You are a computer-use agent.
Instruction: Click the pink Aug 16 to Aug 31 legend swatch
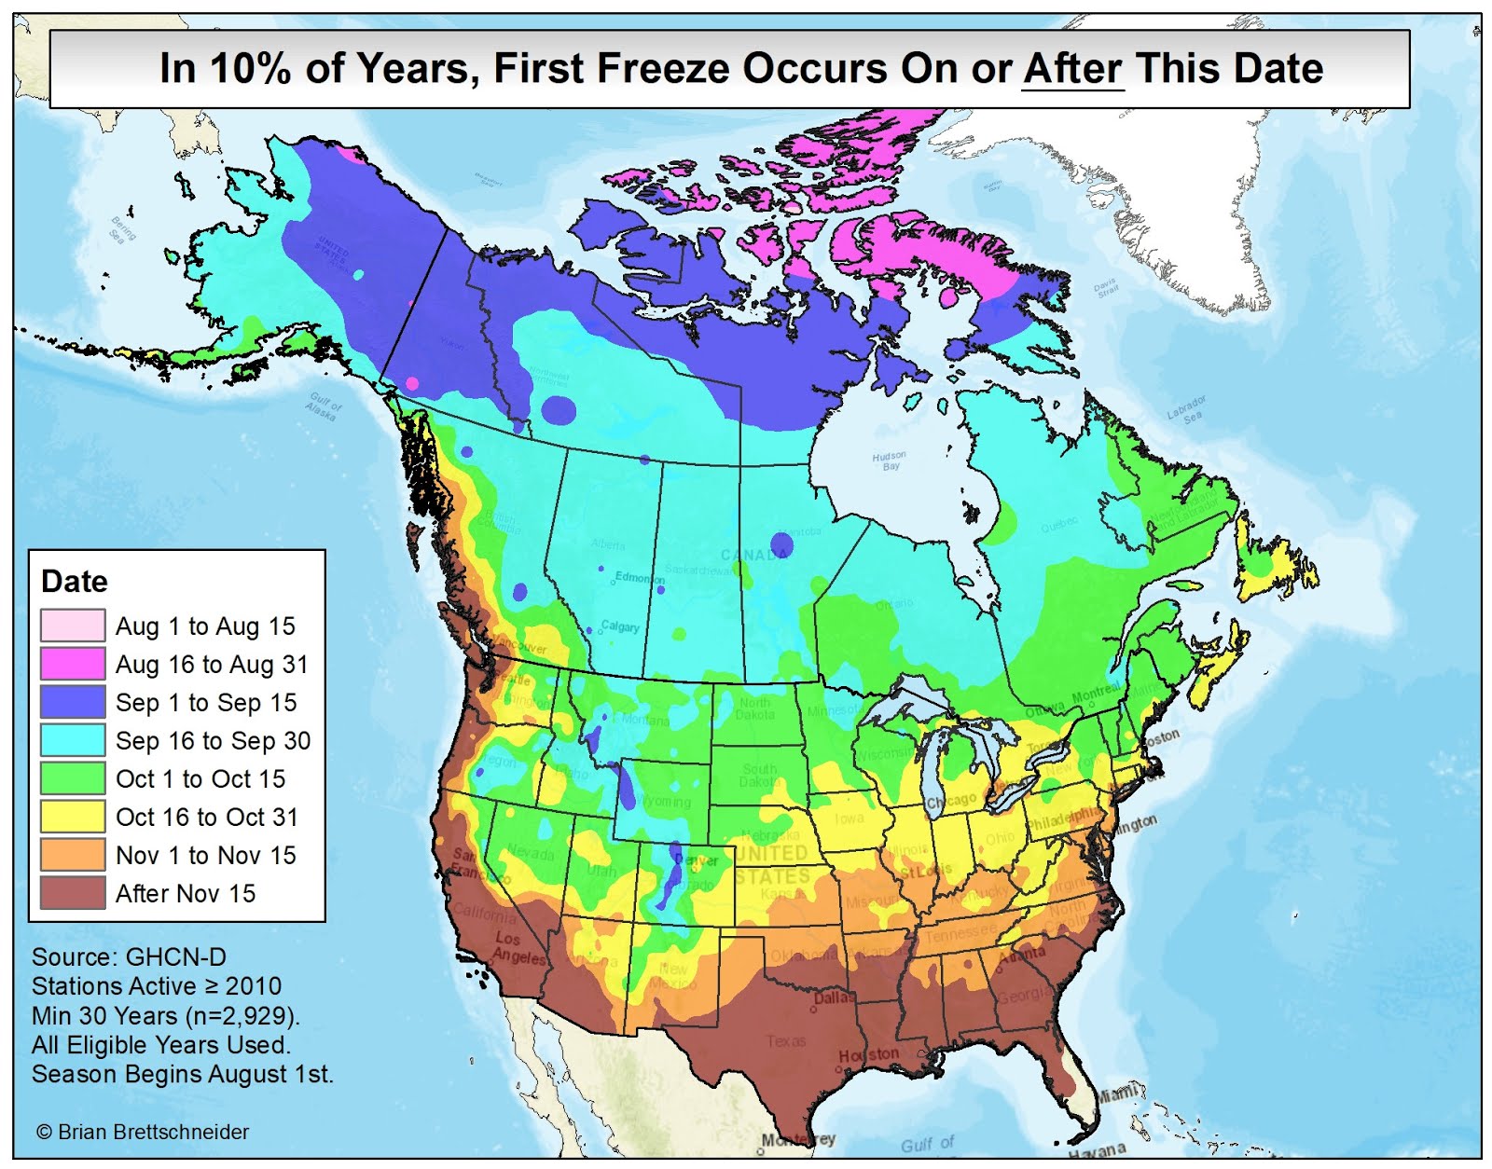pos(72,664)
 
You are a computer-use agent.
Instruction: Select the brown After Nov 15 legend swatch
pos(72,893)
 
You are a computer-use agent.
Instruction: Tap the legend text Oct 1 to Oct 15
pos(200,778)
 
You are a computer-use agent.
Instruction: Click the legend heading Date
pos(75,581)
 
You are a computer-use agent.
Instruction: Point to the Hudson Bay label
pos(889,461)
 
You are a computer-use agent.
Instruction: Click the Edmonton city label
pos(640,578)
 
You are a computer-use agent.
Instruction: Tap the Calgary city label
pos(620,626)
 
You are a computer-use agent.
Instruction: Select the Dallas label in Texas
pos(833,997)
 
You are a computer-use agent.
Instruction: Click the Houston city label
pos(868,1054)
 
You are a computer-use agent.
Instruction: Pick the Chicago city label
pos(950,801)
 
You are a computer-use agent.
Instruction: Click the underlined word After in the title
pos(1072,68)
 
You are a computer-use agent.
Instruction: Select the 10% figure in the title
pos(249,68)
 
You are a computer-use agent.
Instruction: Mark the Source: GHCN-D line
pos(129,956)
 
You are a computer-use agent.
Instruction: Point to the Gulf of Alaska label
pos(324,406)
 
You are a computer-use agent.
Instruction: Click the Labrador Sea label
pos(1187,409)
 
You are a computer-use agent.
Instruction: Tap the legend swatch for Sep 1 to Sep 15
pos(72,702)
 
